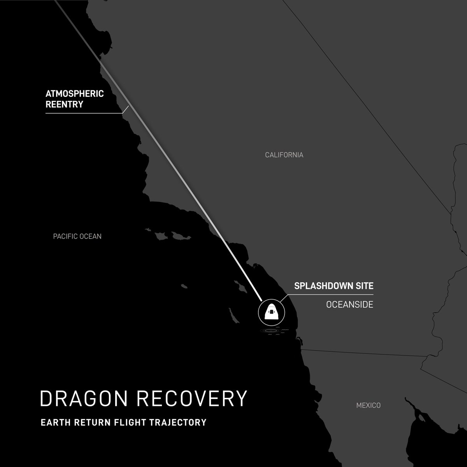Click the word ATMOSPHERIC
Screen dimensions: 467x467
75,94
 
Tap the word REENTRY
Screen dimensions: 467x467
65,104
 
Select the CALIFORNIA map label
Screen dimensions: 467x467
284,155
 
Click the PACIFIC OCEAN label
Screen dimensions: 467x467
77,236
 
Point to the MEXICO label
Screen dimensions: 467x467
368,406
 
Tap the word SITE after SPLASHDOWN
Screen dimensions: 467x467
363,286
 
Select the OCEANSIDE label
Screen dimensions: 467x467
349,305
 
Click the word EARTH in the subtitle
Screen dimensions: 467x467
53,422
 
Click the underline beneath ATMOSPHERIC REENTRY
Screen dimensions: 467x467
84,113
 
